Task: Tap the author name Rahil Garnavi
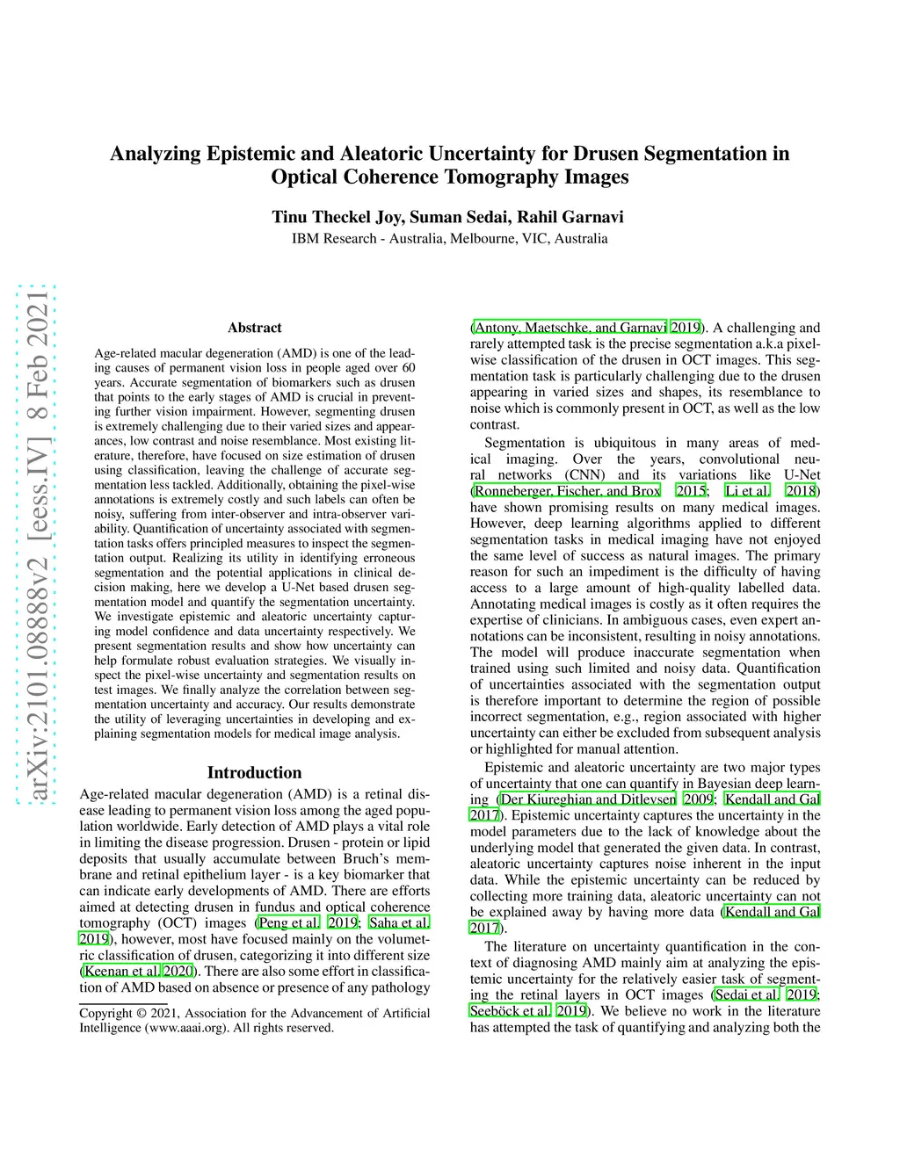click(570, 217)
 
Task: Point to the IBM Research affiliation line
click(449, 238)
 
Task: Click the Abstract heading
click(254, 328)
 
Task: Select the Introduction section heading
click(254, 772)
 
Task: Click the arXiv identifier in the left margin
click(38, 545)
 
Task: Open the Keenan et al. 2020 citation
click(137, 971)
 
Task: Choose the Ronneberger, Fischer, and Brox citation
click(567, 491)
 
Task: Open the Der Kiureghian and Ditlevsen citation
click(588, 799)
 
